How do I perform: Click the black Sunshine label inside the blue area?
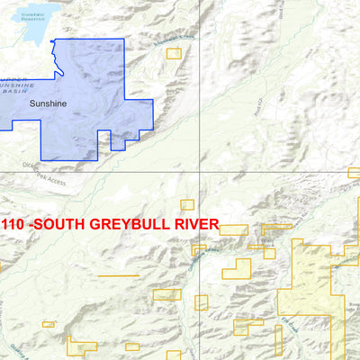47,103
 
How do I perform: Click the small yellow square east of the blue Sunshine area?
174,53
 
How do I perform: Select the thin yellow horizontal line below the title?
118,275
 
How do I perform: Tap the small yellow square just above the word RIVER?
187,204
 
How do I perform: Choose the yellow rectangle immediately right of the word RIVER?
233,229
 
